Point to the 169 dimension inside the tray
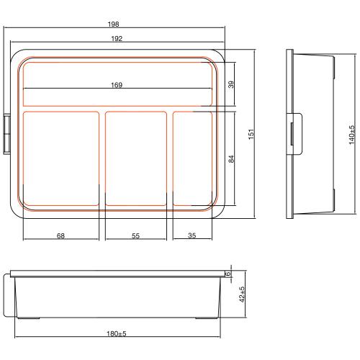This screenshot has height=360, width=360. click(117, 85)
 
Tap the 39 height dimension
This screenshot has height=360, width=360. click(231, 85)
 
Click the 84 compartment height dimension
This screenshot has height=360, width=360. click(231, 158)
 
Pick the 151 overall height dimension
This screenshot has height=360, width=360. click(251, 134)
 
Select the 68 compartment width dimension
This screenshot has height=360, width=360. click(60, 235)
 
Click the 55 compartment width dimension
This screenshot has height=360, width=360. click(135, 235)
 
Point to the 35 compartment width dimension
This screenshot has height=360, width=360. click(192, 235)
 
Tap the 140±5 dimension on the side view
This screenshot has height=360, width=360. click(352, 134)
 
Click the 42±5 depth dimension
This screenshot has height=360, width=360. click(243, 295)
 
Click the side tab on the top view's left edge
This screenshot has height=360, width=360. click(7, 134)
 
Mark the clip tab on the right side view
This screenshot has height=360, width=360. click(294, 134)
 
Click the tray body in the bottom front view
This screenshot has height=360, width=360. click(115, 297)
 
